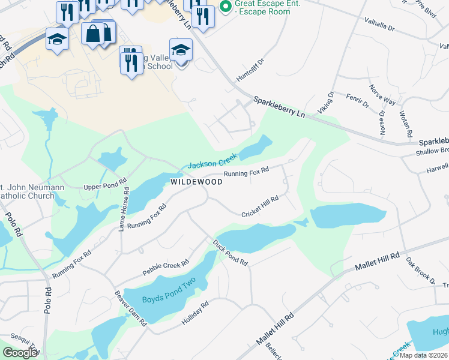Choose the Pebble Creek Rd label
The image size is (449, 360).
point(166,267)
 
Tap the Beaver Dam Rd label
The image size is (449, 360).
point(131,308)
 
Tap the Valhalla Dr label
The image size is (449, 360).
point(379,24)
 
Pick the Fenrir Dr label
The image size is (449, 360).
point(357,100)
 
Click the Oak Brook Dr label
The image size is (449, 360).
point(420,271)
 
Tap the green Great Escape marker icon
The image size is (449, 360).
point(226,7)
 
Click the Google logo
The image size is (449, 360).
point(20,352)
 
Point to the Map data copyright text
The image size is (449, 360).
point(424,355)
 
